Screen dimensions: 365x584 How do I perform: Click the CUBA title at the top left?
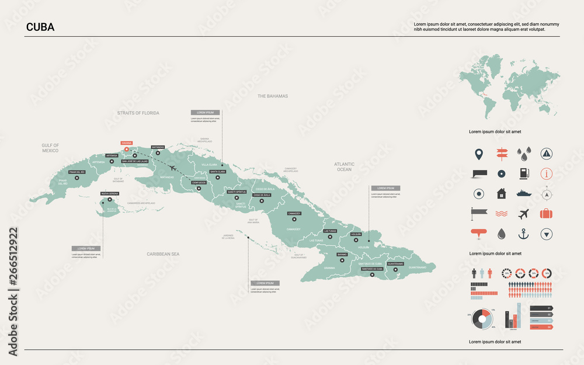point(40,27)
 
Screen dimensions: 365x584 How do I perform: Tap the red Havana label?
point(126,142)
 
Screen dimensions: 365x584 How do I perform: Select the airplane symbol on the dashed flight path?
point(172,168)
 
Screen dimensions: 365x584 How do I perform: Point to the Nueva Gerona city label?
point(110,193)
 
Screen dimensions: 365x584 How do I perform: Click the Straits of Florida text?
point(138,113)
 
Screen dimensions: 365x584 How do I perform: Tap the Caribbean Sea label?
point(163,254)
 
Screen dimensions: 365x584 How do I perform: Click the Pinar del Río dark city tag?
point(77,172)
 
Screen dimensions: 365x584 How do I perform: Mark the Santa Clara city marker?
point(217,178)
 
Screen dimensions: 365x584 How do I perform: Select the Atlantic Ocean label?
point(344,167)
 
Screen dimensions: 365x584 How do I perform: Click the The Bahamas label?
point(273,96)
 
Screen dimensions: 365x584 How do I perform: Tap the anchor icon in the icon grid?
point(524,234)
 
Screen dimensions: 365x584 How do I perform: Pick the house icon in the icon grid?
point(501,193)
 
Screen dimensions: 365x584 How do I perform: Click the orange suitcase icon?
point(546,214)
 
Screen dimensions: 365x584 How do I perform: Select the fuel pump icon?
point(524,173)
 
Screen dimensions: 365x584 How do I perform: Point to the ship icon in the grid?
point(524,193)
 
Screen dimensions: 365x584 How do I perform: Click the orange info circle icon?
point(546,173)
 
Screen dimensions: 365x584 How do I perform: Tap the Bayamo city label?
point(342,255)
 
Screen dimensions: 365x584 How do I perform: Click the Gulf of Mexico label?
point(50,148)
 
